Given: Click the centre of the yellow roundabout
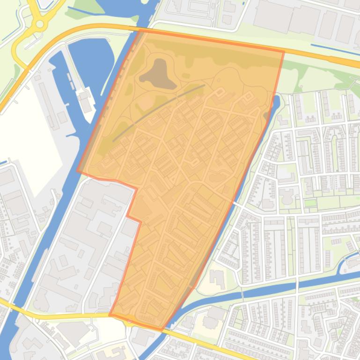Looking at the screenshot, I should [x=40, y=23].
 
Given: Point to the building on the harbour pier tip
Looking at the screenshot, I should [x=86, y=101].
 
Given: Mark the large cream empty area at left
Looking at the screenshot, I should [x=28, y=140].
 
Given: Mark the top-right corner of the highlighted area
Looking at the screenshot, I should [x=284, y=51].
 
